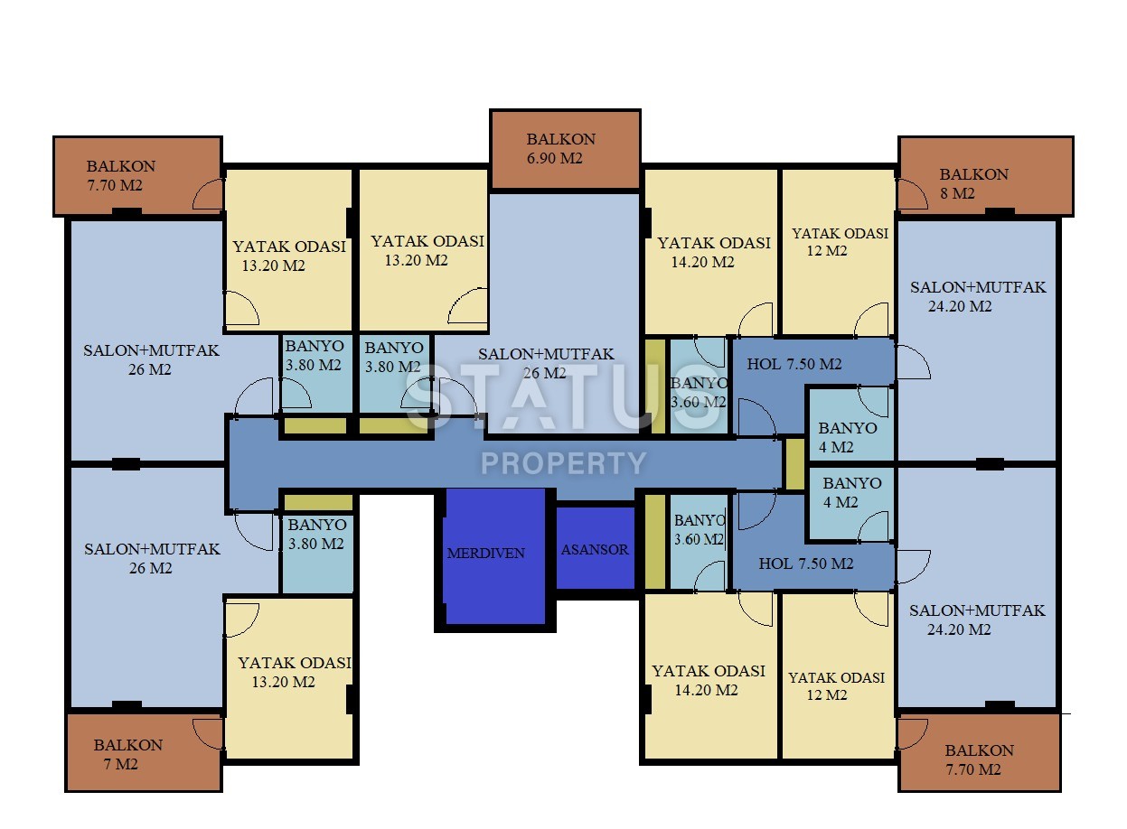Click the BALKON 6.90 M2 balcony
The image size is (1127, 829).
click(565, 149)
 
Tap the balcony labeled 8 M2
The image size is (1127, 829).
click(985, 177)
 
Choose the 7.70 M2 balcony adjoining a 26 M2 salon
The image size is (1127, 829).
click(136, 176)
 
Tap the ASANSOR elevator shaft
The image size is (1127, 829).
click(595, 549)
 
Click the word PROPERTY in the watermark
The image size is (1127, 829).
click(563, 463)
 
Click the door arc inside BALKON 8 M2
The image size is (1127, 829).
click(912, 192)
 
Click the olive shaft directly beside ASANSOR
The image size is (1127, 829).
click(654, 542)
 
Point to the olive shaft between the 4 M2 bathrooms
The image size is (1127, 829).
click(794, 464)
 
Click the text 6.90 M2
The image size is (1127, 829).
click(555, 159)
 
